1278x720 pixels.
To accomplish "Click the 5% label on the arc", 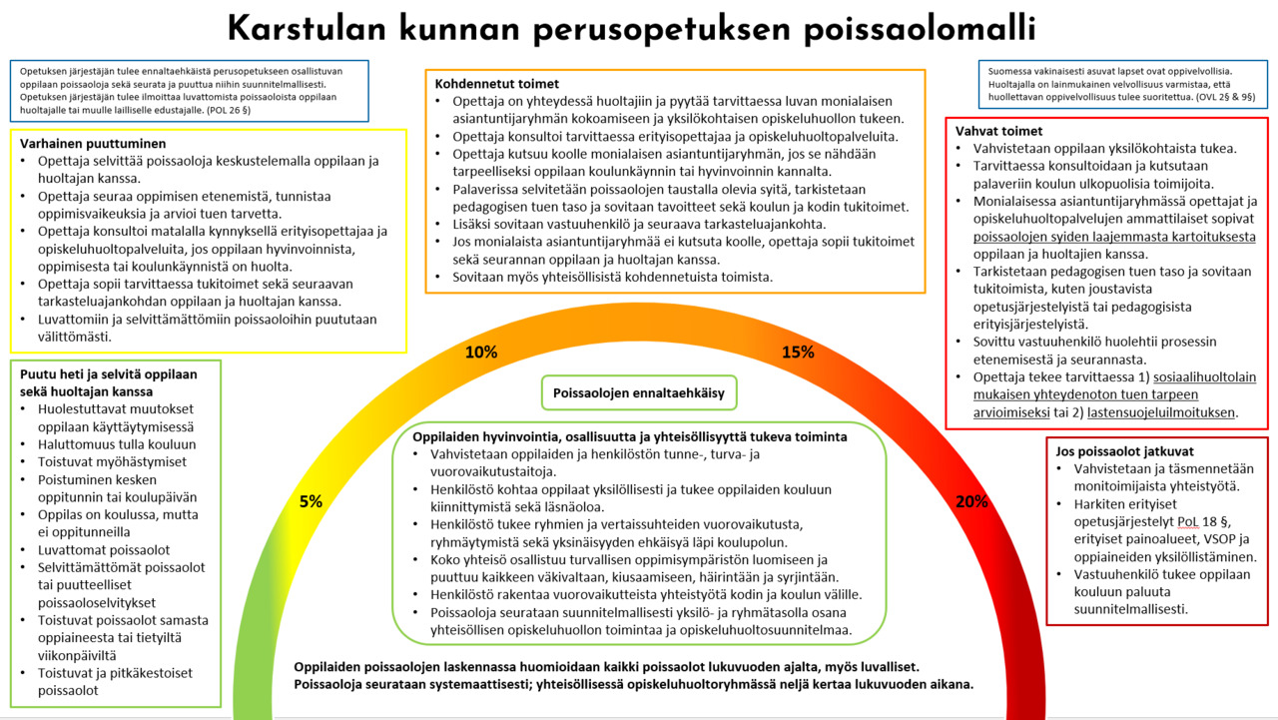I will tap(311, 501).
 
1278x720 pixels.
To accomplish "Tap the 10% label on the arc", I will tap(481, 352).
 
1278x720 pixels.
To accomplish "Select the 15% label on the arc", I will tap(798, 352).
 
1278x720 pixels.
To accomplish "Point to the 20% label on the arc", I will tap(971, 501).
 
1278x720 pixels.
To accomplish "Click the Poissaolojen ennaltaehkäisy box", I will tap(639, 392).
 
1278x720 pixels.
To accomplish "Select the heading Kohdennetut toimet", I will tap(497, 84).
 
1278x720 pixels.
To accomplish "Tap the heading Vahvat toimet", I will tap(998, 131).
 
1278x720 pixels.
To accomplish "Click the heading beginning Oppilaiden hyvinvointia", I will tap(631, 436).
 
